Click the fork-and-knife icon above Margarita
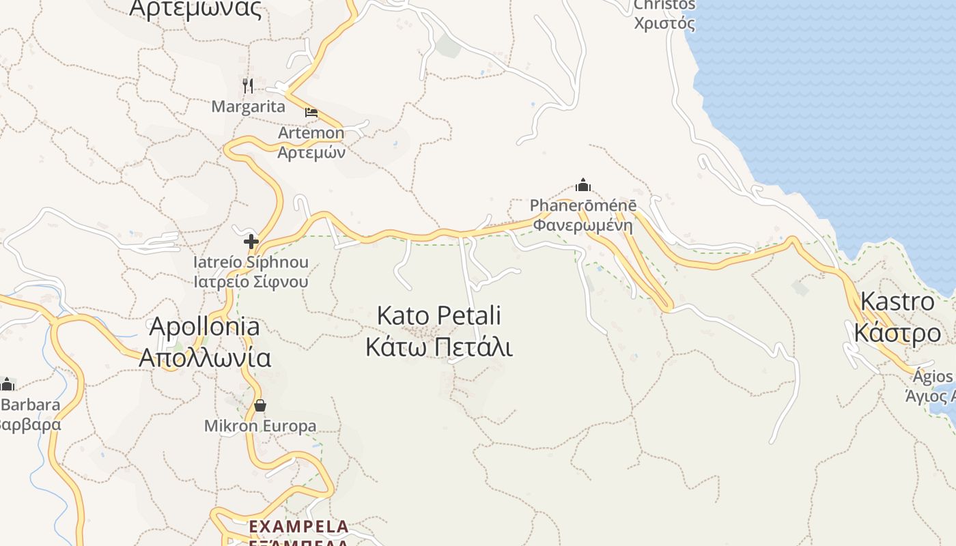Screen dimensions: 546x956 [x=248, y=85]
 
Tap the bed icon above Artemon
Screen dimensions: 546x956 [x=311, y=112]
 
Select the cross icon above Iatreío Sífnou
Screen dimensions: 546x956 [x=251, y=241]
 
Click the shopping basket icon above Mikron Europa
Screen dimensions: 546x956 [x=260, y=405]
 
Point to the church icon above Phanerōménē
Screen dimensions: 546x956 [x=582, y=184]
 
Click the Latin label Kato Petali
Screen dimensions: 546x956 [x=439, y=316]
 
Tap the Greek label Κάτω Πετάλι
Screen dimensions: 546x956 [x=439, y=347]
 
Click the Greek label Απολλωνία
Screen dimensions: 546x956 [x=205, y=358]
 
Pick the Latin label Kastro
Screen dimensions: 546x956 [x=897, y=301]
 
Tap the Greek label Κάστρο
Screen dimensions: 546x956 [x=897, y=333]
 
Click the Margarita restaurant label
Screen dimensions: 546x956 [x=248, y=106]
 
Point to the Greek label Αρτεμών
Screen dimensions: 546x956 [x=311, y=152]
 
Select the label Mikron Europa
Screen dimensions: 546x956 [x=260, y=426]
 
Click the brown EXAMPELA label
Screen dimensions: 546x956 [x=298, y=526]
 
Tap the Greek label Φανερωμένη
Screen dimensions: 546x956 [x=582, y=225]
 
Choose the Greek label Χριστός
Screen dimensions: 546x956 [x=664, y=23]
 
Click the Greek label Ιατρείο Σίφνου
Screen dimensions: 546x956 [x=251, y=281]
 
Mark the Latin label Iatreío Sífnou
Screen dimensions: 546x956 [x=251, y=262]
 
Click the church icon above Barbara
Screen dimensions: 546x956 [x=8, y=384]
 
